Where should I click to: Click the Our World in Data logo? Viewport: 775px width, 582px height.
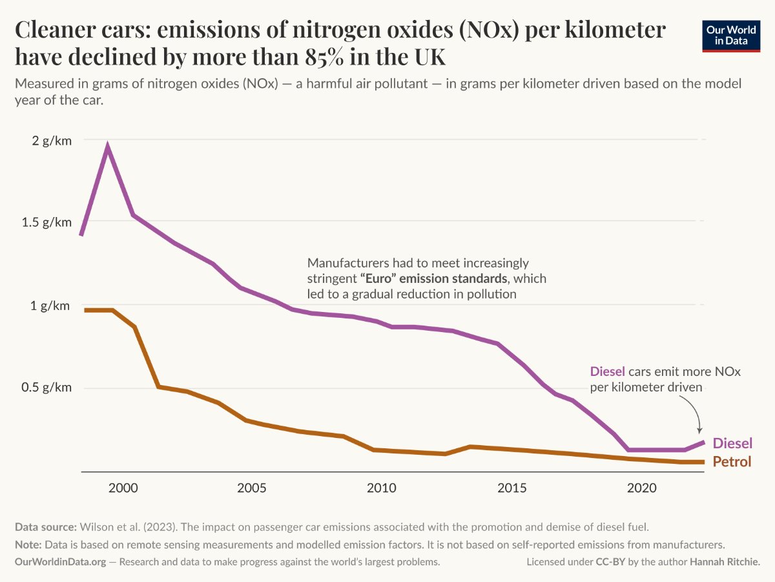click(x=731, y=36)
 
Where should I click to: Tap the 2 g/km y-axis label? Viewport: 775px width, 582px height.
click(x=52, y=141)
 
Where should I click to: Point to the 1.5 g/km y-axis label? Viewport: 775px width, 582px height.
click(x=46, y=222)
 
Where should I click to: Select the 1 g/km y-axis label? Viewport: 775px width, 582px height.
click(x=50, y=306)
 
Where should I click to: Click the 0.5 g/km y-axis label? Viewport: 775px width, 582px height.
click(x=46, y=388)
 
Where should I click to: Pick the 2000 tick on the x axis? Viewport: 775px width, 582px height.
click(x=123, y=488)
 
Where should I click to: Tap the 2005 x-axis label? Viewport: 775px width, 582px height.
click(x=252, y=488)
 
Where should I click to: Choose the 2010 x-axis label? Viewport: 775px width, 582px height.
click(x=381, y=488)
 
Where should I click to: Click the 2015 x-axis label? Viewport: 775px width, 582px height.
click(x=512, y=488)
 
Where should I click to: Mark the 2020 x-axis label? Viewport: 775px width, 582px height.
click(x=641, y=488)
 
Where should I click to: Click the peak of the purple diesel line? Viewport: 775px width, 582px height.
click(x=107, y=145)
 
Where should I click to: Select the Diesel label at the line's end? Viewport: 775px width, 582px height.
click(x=732, y=443)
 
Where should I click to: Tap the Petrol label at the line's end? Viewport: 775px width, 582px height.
click(x=732, y=462)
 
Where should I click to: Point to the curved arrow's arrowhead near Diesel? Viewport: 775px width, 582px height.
click(x=699, y=431)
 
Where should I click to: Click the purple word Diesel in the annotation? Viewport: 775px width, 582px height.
click(x=608, y=371)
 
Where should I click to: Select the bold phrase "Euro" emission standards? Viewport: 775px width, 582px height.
click(x=434, y=278)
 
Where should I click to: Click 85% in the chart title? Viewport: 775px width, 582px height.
click(x=324, y=56)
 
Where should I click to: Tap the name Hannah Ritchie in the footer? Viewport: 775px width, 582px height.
click(x=725, y=561)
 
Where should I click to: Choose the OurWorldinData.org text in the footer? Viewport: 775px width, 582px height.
click(x=60, y=561)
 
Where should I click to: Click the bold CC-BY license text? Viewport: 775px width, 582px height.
click(x=610, y=561)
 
